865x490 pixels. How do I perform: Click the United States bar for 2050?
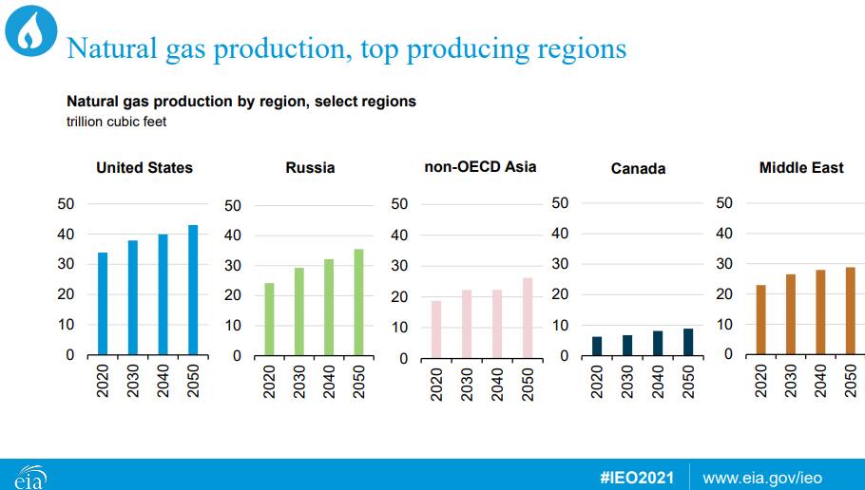pos(193,290)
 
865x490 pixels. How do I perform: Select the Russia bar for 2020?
pos(269,319)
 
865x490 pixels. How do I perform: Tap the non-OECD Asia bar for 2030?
pos(467,324)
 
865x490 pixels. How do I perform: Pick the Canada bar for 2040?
pos(658,343)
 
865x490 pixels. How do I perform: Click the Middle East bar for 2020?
pos(761,319)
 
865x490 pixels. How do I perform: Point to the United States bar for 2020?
pos(103,303)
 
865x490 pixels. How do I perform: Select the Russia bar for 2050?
pos(358,302)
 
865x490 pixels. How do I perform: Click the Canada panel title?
pos(638,169)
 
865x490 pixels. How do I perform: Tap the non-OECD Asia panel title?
pos(480,167)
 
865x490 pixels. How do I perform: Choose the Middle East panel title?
pos(801,167)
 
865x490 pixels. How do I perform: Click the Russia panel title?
pos(310,167)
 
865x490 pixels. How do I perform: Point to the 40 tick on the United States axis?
pos(66,235)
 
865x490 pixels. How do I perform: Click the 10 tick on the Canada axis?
pos(560,326)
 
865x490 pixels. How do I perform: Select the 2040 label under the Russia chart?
pos(329,382)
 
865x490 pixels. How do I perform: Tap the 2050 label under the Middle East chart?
pos(851,381)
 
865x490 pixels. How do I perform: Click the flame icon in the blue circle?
pos(30,31)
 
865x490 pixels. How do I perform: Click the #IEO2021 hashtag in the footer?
pos(637,478)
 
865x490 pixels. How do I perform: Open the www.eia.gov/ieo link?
pos(762,478)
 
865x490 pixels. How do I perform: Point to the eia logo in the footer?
pos(30,478)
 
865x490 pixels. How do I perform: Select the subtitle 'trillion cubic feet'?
pos(116,122)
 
